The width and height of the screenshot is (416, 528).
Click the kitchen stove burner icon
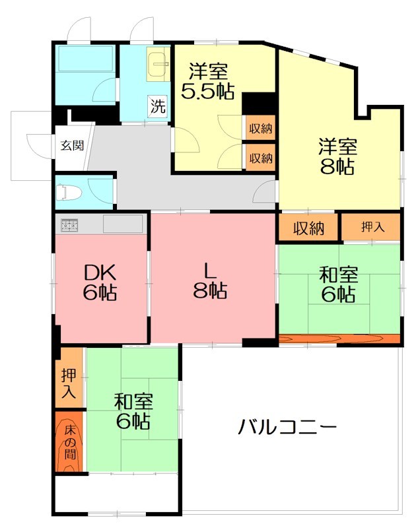tap(70, 226)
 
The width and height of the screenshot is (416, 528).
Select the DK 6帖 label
tap(100, 282)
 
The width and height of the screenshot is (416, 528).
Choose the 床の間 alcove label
tap(70, 442)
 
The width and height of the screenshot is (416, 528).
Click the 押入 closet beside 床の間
tap(69, 382)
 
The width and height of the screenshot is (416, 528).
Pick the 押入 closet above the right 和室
tap(371, 228)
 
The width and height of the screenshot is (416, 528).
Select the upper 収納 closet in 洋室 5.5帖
tap(261, 129)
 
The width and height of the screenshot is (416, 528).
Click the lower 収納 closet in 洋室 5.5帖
tap(261, 158)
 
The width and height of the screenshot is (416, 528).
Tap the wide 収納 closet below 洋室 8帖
tap(309, 228)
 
